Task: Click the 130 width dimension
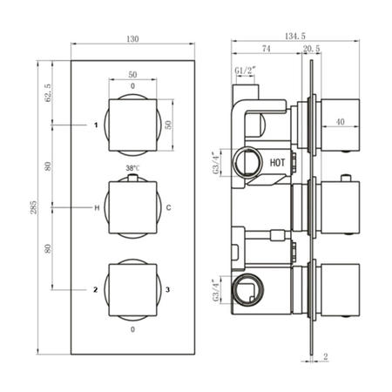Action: [132, 39]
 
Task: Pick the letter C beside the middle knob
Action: [168, 207]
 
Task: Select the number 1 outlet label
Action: [97, 125]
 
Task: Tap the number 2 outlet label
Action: [97, 288]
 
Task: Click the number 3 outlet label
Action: [168, 288]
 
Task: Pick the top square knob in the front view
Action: [132, 125]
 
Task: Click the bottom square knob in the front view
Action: [132, 288]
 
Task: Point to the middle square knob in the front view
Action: [132, 207]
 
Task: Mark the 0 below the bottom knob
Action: [132, 330]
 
